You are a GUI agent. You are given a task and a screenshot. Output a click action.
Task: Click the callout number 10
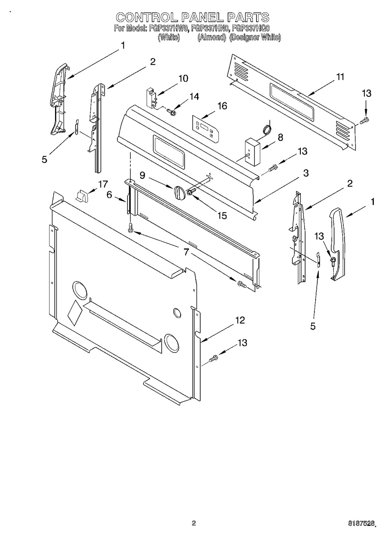(x=183, y=78)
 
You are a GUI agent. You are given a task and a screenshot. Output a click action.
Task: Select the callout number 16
(x=222, y=106)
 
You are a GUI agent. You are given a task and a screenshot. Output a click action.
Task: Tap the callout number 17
(x=103, y=184)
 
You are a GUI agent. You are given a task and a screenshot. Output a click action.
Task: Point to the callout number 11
(x=340, y=77)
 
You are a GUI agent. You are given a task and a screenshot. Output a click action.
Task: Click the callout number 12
(x=240, y=320)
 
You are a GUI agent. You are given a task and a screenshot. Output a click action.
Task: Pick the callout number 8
(x=280, y=138)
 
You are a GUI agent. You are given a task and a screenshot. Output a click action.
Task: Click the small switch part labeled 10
(x=151, y=97)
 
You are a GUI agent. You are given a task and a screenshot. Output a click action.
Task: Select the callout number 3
(x=306, y=173)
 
